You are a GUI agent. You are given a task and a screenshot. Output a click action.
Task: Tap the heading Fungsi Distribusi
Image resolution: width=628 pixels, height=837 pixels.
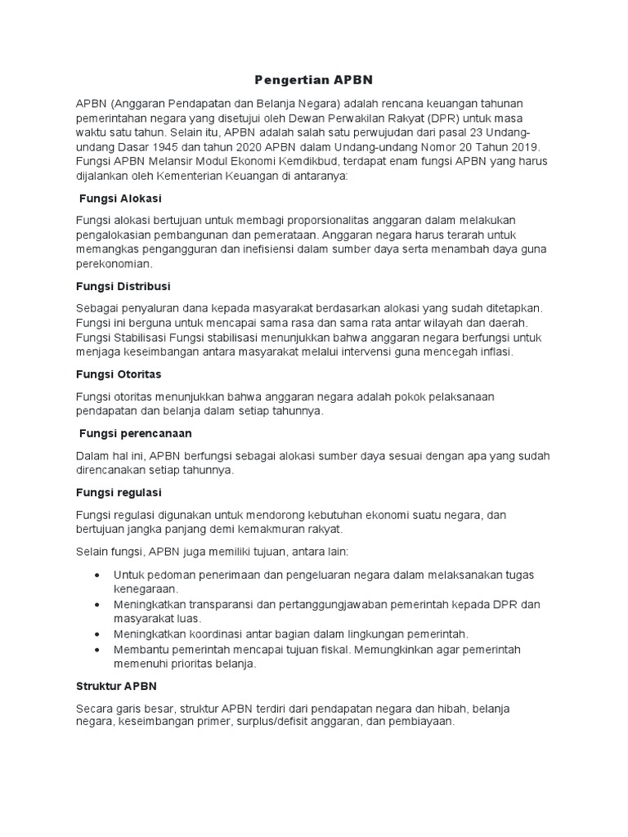(x=123, y=286)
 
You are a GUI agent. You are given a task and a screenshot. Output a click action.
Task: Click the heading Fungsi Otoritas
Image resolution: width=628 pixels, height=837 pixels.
(x=119, y=374)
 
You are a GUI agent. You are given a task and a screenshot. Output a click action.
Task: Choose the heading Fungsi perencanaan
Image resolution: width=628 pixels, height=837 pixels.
(x=135, y=432)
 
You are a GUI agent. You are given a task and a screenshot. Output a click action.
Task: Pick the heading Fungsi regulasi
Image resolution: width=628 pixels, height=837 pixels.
(x=119, y=492)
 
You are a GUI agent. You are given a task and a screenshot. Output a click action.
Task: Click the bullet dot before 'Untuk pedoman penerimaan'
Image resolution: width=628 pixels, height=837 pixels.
(x=98, y=575)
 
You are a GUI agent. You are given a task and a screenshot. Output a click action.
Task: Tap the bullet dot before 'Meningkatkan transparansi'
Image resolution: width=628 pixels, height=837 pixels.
(x=98, y=604)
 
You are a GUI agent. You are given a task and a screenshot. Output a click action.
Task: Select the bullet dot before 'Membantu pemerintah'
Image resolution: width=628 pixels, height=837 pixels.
(x=98, y=649)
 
